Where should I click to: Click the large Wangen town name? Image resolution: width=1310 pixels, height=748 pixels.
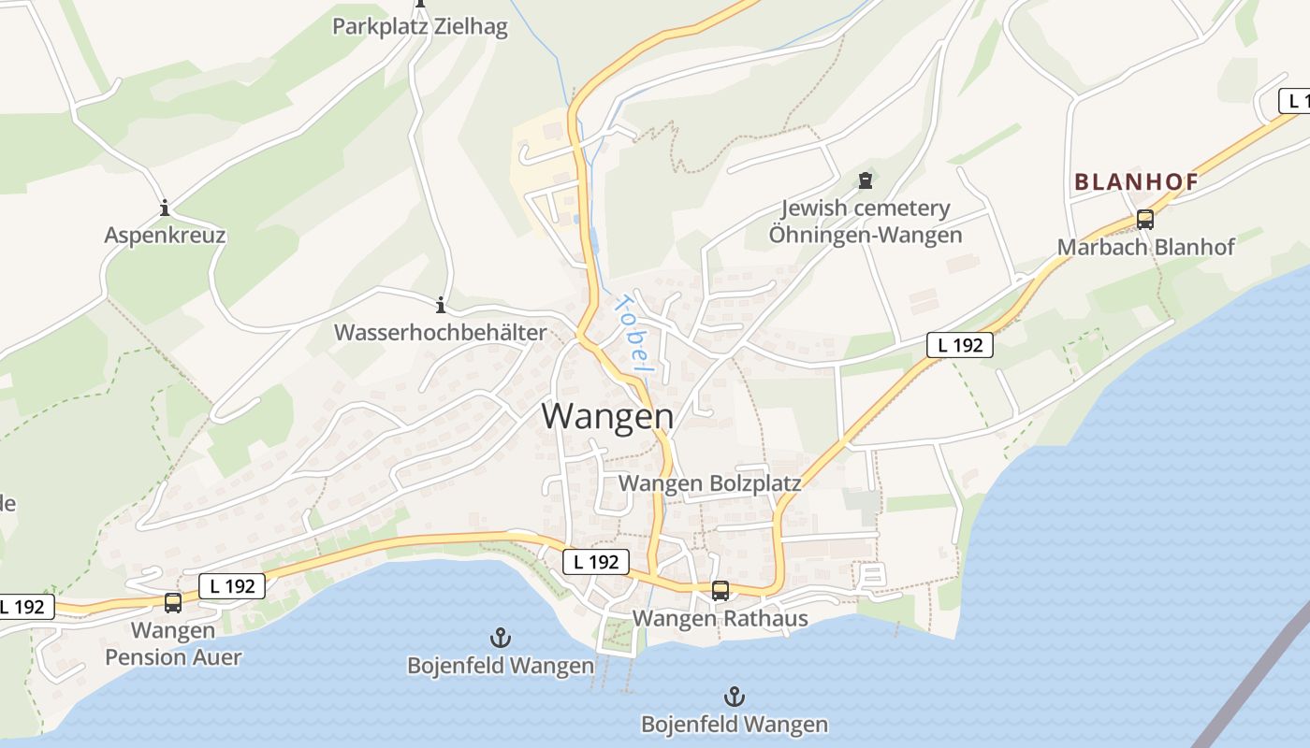(x=607, y=416)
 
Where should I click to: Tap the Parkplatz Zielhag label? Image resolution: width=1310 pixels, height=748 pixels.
(x=420, y=26)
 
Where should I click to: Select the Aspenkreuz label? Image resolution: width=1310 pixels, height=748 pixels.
(x=165, y=235)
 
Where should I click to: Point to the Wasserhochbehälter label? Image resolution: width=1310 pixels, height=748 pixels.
(x=440, y=332)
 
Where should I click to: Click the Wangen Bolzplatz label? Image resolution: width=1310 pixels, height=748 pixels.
(x=710, y=483)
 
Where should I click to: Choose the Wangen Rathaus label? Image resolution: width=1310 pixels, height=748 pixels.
(x=720, y=618)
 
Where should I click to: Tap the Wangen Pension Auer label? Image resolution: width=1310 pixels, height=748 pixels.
(x=173, y=643)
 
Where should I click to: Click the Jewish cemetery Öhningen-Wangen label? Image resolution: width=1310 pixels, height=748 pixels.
(x=866, y=222)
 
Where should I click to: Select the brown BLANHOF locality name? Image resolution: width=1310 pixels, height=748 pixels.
(x=1136, y=182)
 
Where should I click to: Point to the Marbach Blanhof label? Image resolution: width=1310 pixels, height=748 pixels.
(x=1145, y=247)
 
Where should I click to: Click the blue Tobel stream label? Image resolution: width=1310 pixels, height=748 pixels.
(x=631, y=333)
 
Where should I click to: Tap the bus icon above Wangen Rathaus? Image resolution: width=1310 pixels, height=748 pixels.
(x=720, y=591)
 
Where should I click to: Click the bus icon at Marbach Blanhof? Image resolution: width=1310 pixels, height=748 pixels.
(x=1144, y=220)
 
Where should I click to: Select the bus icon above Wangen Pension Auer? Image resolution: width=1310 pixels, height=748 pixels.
(x=173, y=603)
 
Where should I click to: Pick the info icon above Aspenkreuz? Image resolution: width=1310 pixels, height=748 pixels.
(x=165, y=208)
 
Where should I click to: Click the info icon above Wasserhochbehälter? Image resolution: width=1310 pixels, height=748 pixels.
(x=440, y=305)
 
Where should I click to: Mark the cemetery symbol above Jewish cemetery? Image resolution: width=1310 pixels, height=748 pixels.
(x=866, y=179)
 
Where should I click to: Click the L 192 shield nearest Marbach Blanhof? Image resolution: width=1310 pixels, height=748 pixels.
(x=960, y=345)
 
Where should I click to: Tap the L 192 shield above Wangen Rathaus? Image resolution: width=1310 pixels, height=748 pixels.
(x=596, y=562)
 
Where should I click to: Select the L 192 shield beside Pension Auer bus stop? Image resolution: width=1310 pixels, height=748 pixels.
(x=232, y=586)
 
